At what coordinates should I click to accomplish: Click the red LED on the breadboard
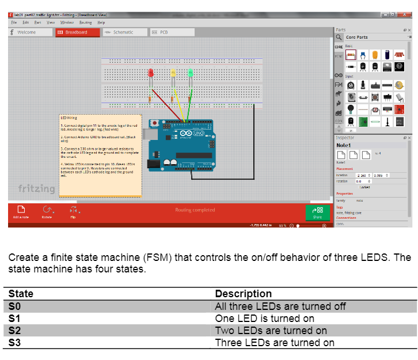(151, 73)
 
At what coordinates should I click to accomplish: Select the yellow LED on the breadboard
(173, 73)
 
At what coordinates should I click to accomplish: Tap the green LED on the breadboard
(190, 73)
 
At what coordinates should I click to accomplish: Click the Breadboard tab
(77, 32)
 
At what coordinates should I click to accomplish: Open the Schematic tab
(120, 32)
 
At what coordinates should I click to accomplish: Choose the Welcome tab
(26, 32)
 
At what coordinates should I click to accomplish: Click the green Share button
(317, 212)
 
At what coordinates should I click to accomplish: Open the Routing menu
(85, 22)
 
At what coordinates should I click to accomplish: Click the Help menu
(101, 22)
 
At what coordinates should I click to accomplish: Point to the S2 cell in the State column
(14, 331)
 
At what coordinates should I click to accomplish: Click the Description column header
(243, 294)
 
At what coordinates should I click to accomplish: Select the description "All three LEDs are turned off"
(280, 306)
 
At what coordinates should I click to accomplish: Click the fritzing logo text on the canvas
(37, 189)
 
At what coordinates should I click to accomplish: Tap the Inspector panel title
(345, 138)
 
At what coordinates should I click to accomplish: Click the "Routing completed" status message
(195, 210)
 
